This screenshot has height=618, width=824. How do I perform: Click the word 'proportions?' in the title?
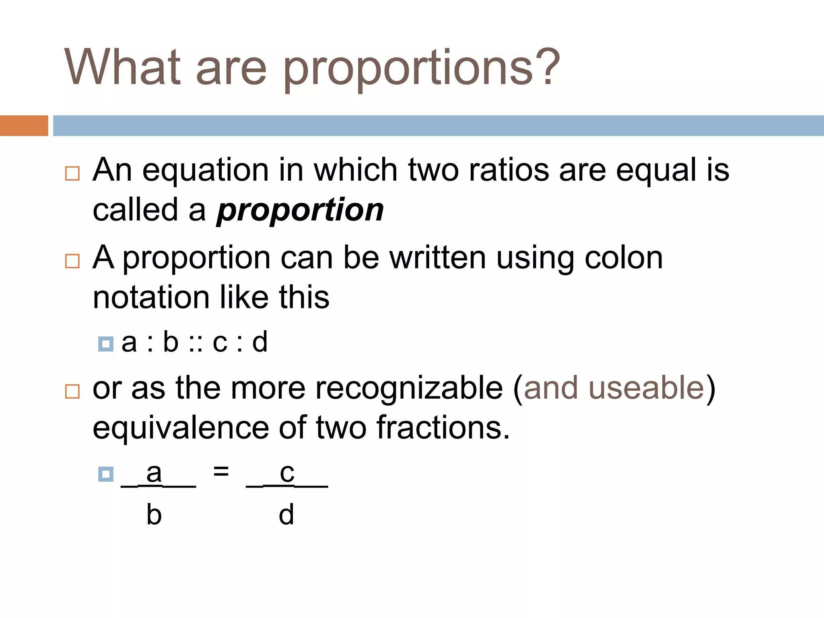pyautogui.click(x=421, y=68)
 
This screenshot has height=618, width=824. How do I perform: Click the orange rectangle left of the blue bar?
pyautogui.click(x=24, y=126)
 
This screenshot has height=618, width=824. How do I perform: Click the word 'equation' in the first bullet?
pyautogui.click(x=205, y=171)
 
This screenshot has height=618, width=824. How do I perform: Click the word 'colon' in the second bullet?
pyautogui.click(x=623, y=257)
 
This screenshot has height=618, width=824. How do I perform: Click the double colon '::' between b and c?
pyautogui.click(x=195, y=343)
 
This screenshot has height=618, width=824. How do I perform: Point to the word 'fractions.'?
pyautogui.click(x=443, y=427)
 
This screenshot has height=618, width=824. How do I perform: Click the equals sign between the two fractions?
pyautogui.click(x=221, y=471)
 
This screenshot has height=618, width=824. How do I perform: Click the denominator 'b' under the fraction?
pyautogui.click(x=154, y=515)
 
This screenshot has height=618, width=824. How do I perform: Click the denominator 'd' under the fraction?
pyautogui.click(x=286, y=515)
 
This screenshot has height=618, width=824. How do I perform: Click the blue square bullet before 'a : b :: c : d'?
pyautogui.click(x=106, y=344)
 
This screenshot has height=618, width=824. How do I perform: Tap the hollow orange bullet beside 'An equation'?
pyautogui.click(x=72, y=173)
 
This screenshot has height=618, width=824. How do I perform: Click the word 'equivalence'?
pyautogui.click(x=181, y=428)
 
